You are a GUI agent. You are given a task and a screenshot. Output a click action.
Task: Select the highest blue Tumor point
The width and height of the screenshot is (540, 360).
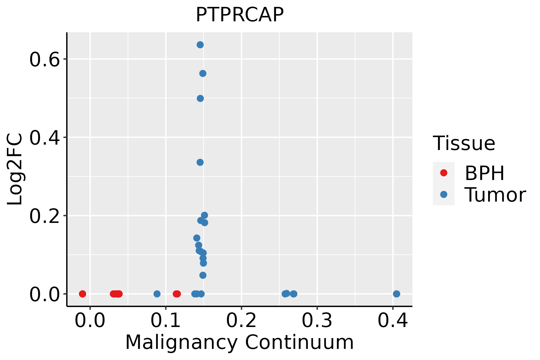[x=200, y=45]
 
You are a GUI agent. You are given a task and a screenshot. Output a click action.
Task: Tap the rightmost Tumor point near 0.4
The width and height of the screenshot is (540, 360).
[x=396, y=294]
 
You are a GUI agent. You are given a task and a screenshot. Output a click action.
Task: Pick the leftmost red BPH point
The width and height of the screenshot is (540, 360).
[x=82, y=294]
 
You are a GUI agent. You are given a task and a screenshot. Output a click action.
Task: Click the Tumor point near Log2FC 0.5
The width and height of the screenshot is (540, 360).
[x=200, y=98]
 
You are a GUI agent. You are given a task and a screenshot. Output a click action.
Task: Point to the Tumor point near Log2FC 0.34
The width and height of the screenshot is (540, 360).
[x=200, y=162]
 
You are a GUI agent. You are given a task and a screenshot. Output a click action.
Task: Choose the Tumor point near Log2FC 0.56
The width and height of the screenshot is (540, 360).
[x=203, y=73]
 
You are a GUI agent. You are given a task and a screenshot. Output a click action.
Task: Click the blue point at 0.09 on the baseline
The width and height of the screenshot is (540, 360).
[x=157, y=294]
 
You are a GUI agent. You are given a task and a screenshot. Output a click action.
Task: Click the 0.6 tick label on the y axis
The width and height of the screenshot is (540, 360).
[x=44, y=60]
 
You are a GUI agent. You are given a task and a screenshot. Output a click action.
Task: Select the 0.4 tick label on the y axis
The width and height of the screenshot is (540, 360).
[x=44, y=138]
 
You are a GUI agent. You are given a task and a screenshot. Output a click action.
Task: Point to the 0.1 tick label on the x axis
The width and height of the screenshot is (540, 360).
[x=166, y=320]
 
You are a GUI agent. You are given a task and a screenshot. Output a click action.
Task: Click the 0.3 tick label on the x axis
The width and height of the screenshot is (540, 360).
[x=317, y=320]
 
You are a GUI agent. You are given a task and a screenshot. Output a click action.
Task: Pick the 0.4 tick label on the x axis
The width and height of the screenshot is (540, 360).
[x=392, y=320]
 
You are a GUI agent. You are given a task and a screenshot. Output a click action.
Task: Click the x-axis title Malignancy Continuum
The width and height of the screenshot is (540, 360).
[x=239, y=342]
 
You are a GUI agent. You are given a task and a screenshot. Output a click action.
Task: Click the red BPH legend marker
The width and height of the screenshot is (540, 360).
[x=443, y=173]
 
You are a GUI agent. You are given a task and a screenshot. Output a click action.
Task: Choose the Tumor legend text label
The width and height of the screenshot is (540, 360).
[x=495, y=195]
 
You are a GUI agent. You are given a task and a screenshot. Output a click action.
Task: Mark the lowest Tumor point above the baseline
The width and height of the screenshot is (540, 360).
[x=203, y=275]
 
